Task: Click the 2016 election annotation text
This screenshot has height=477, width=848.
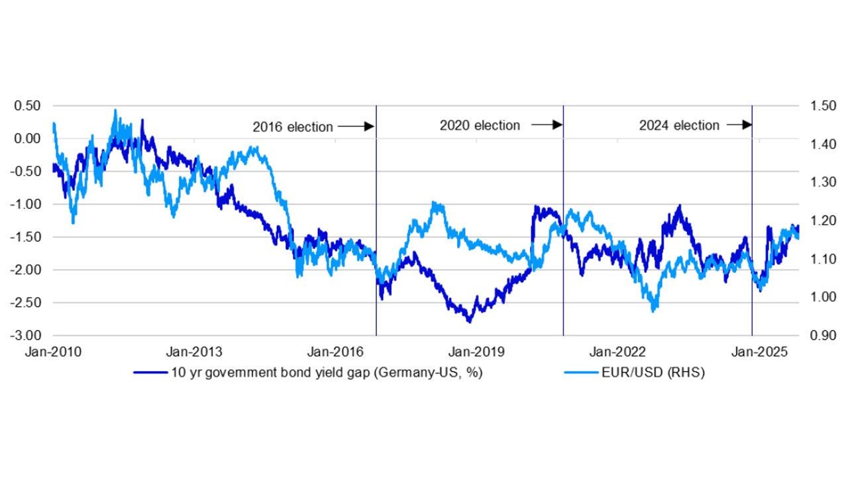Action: [x=292, y=127]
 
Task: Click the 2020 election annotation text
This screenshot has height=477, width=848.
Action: [x=480, y=125]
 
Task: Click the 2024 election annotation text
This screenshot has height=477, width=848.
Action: [x=679, y=125]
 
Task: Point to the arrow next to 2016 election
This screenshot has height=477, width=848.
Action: [x=356, y=126]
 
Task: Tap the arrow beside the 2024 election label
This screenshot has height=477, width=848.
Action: [x=739, y=125]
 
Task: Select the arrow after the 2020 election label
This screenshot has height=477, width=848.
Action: [x=547, y=125]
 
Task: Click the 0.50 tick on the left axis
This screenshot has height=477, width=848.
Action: [x=29, y=106]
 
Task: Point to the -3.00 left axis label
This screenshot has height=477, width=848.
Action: [x=27, y=336]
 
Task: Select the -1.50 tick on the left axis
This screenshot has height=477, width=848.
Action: [x=27, y=237]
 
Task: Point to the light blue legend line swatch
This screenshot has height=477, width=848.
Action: [x=580, y=372]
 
